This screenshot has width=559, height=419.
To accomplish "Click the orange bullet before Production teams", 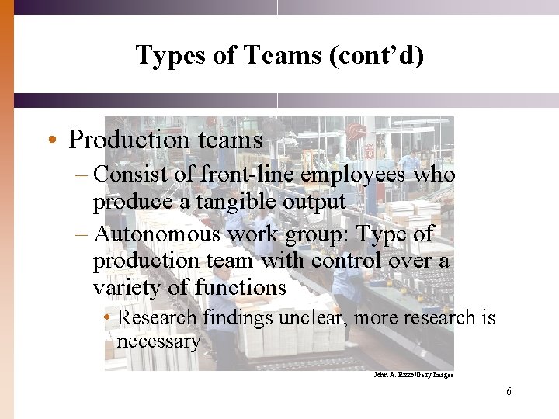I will point(50,140).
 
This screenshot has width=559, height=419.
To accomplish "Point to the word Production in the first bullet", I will point(121,140).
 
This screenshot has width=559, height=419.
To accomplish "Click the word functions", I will point(241,288).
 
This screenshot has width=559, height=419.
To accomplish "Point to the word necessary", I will point(158,341).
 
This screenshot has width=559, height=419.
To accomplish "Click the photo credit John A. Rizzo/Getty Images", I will point(413,375).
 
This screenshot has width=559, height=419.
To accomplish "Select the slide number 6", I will point(509,392).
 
